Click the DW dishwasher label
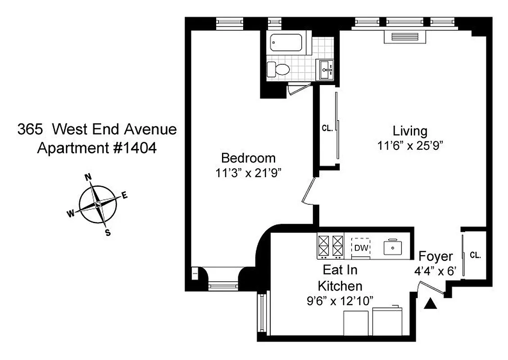point(361,247)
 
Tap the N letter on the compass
point(89,177)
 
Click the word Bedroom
point(248,158)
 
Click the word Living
point(410,131)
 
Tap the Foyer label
point(435,256)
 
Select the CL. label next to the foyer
point(475,255)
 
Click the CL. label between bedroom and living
point(327,128)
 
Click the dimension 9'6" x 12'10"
point(340,301)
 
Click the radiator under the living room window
point(405,37)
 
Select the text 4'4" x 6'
point(435,271)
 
